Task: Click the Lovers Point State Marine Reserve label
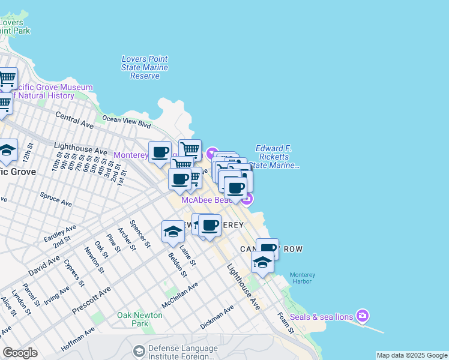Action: (145, 68)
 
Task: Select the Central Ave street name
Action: (74, 120)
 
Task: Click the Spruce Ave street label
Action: (56, 200)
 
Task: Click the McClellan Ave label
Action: (180, 295)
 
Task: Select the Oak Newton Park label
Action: (140, 319)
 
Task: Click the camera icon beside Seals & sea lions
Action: (362, 315)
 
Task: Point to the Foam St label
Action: (286, 322)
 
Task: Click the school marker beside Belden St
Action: (173, 232)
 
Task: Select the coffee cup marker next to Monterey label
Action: (160, 152)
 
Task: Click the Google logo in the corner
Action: (20, 353)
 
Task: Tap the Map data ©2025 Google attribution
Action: (411, 355)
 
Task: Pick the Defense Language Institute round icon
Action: (139, 350)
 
